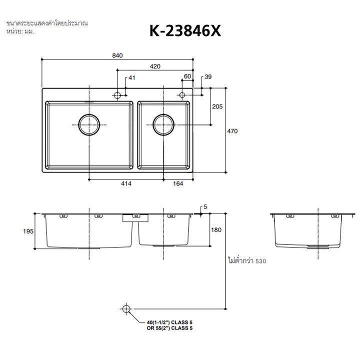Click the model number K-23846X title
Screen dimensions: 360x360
185,31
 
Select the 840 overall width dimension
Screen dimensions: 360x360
117,55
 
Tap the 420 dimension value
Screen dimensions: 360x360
155,66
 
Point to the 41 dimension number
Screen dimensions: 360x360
132,78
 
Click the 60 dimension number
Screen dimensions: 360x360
187,76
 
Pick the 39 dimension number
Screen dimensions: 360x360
208,77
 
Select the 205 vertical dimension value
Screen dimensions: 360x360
217,106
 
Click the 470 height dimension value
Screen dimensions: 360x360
232,131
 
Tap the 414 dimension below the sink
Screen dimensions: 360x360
126,183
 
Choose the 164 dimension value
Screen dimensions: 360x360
178,183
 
